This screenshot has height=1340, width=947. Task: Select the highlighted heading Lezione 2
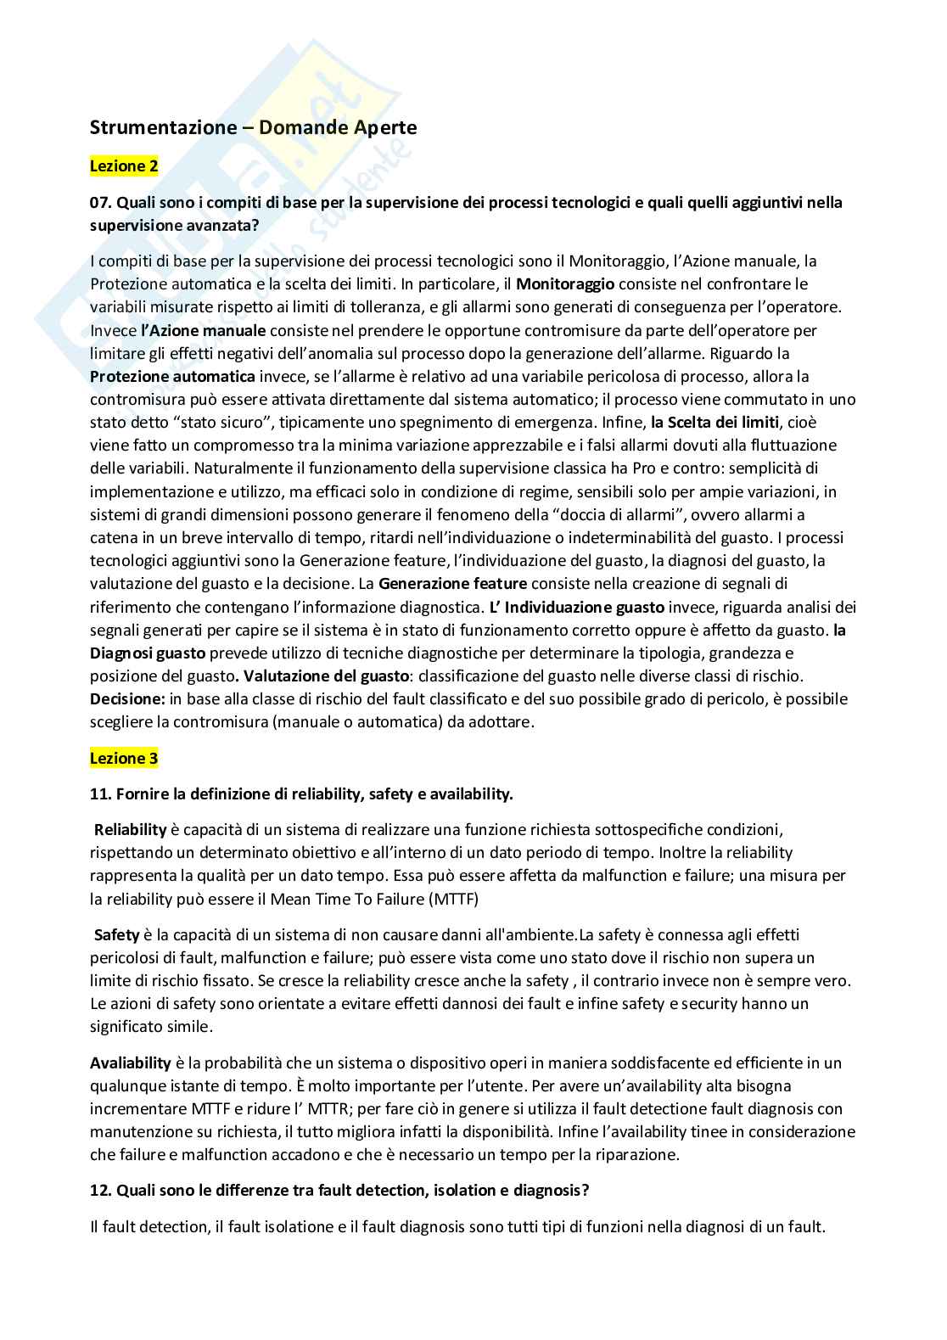click(x=124, y=166)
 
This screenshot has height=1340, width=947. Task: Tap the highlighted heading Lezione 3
click(x=124, y=759)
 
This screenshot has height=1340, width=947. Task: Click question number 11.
click(x=100, y=794)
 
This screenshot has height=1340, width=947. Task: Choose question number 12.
click(x=100, y=1190)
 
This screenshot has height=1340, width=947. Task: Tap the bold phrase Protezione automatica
click(x=173, y=376)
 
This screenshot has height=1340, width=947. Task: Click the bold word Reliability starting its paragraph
click(x=131, y=829)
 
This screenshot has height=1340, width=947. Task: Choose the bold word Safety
click(x=116, y=934)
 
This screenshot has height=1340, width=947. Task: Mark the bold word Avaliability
click(x=131, y=1062)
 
